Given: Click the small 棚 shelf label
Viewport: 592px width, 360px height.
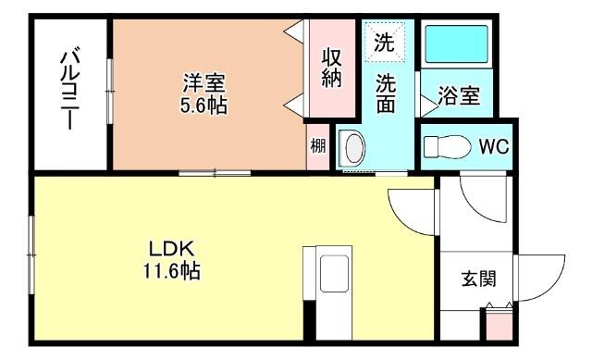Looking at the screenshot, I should point(317,145).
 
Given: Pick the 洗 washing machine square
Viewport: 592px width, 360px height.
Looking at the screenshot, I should point(382,42).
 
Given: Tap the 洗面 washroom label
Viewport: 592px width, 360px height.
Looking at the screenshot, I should point(386,93).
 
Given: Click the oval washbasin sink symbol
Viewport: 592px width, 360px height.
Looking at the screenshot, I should point(351,148).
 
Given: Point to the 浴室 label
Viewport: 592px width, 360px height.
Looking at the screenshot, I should point(458,95).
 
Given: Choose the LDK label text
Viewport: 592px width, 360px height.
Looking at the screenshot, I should point(169,250).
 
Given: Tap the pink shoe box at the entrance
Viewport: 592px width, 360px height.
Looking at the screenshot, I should point(498,325).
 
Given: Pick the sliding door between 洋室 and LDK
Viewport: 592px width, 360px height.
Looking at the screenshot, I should point(215,171).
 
